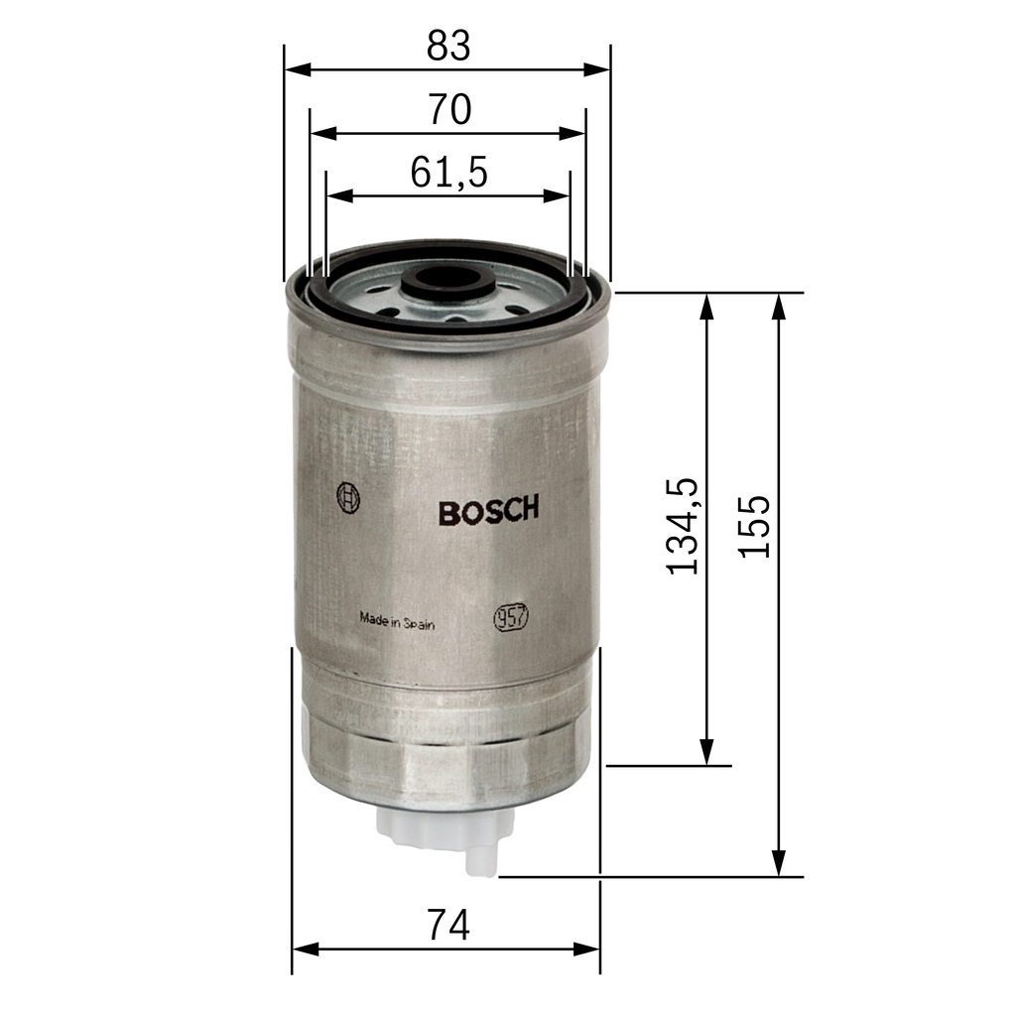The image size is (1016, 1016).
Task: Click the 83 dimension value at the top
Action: (447, 46)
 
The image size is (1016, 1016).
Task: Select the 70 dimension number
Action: (448, 110)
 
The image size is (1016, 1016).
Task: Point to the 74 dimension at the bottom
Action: (447, 926)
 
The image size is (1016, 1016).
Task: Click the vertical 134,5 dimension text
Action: (684, 526)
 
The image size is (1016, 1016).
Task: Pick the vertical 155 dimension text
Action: (757, 526)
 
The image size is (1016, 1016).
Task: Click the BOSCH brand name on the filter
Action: (488, 511)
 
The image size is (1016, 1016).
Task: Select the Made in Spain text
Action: (397, 622)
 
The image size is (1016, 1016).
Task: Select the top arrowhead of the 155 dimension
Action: (780, 306)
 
